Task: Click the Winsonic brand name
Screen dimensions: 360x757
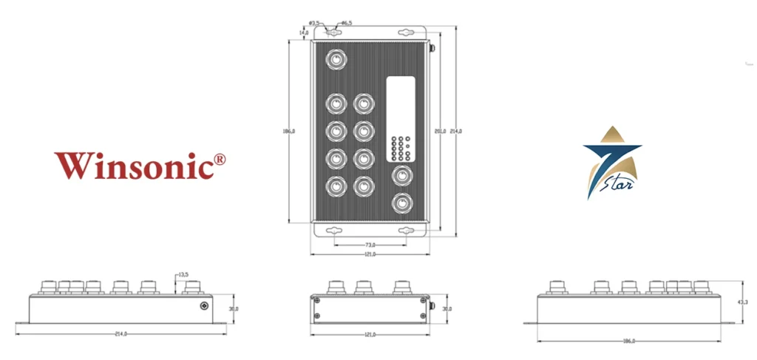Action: pyautogui.click(x=133, y=165)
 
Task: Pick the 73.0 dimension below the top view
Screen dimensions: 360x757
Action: pyautogui.click(x=370, y=245)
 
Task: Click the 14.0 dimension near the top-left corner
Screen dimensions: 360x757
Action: pyautogui.click(x=304, y=33)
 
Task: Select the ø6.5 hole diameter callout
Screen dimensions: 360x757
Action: pyautogui.click(x=346, y=24)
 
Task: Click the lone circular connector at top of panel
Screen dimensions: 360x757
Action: pyautogui.click(x=337, y=58)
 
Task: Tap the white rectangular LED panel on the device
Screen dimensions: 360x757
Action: pyautogui.click(x=400, y=118)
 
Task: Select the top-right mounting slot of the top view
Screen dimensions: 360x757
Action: pyautogui.click(x=404, y=33)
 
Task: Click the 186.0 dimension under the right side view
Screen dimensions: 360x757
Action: pyautogui.click(x=629, y=341)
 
